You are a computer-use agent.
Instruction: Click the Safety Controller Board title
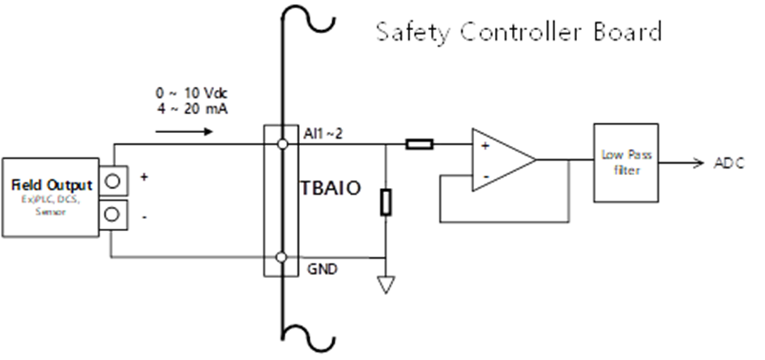click(519, 32)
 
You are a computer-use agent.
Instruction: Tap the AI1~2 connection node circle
click(281, 145)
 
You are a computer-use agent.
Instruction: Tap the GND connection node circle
click(281, 259)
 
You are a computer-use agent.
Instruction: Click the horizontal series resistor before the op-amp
click(419, 145)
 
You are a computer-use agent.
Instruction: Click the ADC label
click(729, 162)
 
